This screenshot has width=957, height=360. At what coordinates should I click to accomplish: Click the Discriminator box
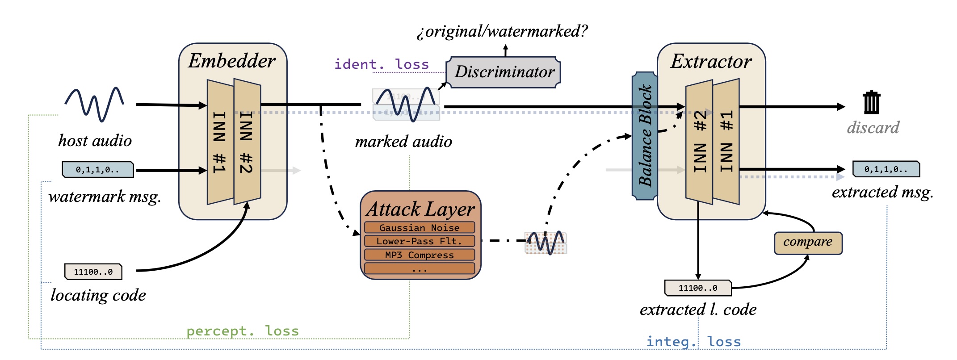click(x=505, y=72)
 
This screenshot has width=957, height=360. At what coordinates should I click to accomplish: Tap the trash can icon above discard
click(x=871, y=103)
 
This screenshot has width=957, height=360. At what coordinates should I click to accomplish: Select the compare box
click(x=808, y=243)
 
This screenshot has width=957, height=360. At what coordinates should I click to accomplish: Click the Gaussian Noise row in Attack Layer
click(x=419, y=227)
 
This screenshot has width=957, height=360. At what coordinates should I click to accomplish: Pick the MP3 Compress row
click(x=419, y=255)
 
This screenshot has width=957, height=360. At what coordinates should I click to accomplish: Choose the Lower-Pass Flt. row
click(x=419, y=241)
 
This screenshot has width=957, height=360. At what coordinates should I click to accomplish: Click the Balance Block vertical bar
click(x=644, y=136)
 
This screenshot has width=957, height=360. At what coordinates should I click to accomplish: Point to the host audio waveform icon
click(x=95, y=104)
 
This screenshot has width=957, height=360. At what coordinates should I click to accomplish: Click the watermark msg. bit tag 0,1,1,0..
click(x=97, y=170)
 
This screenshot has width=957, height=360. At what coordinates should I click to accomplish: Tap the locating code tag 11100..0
click(x=93, y=272)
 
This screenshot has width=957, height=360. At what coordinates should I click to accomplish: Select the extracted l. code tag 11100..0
click(x=698, y=288)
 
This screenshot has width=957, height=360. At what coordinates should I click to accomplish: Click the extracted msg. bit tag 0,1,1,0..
click(x=886, y=169)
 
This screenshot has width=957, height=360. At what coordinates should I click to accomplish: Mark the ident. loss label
click(x=382, y=64)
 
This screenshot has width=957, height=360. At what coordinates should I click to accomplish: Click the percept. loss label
click(x=242, y=331)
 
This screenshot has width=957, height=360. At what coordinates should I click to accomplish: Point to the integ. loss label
click(x=693, y=342)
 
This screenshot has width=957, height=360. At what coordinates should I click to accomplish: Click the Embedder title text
click(x=231, y=61)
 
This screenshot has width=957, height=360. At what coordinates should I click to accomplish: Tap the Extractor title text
click(x=711, y=61)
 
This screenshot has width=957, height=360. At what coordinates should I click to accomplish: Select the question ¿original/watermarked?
click(x=502, y=31)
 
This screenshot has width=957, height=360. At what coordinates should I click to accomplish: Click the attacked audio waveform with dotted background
click(x=546, y=243)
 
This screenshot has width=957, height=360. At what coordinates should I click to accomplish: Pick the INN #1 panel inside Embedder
click(x=220, y=142)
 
